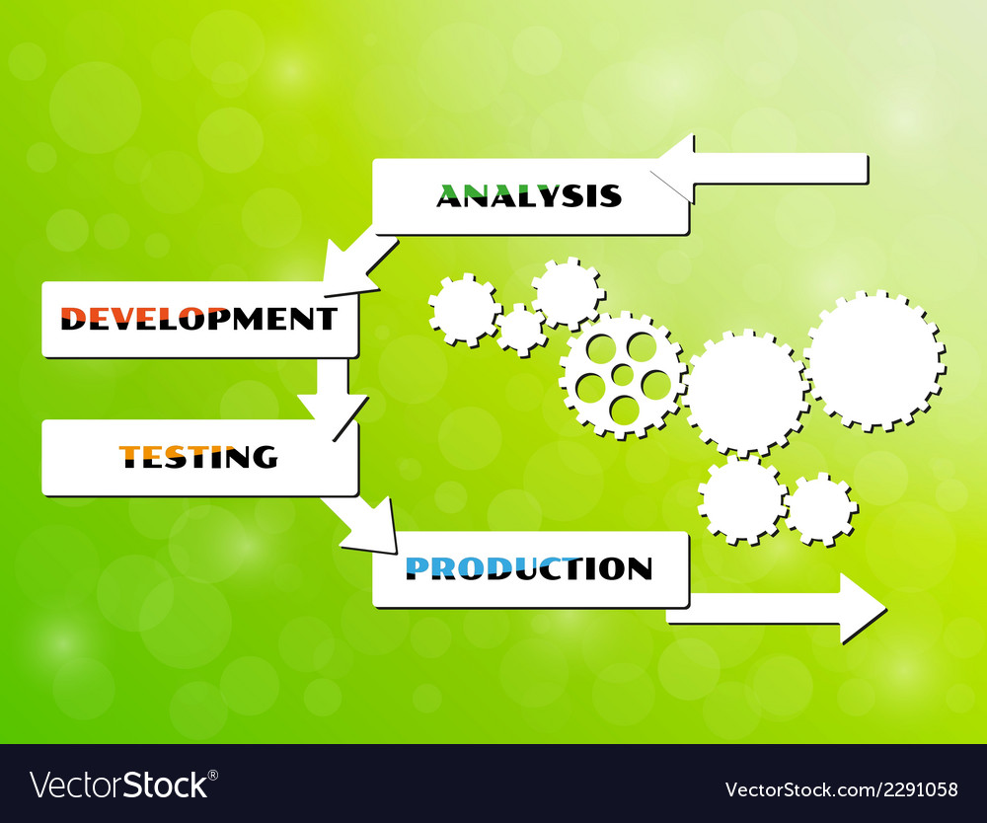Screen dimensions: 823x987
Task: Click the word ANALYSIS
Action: [529, 195]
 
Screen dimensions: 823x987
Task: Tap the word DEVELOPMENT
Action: [198, 318]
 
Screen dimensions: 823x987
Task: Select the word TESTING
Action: [198, 456]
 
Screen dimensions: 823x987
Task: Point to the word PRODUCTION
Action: [529, 568]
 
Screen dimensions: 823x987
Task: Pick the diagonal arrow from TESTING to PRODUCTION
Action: [364, 523]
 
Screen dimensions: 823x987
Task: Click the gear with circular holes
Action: [623, 376]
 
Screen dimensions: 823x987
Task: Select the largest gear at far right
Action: [873, 360]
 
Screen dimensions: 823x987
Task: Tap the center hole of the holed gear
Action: [623, 375]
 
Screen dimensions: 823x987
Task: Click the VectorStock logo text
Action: [118, 786]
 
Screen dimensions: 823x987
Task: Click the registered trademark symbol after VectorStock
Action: [215, 775]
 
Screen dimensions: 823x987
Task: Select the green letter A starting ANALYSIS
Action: [449, 195]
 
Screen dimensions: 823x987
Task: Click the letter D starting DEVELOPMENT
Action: [74, 318]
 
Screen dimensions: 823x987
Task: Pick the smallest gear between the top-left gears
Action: [520, 330]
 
